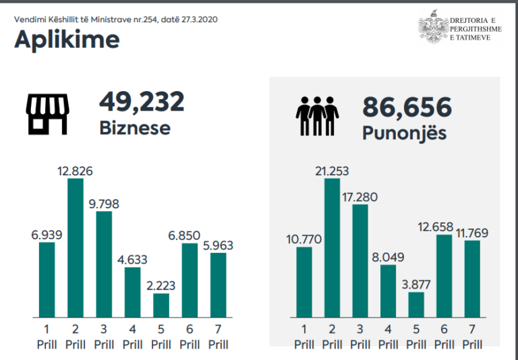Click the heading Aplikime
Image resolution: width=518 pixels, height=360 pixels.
point(67,40)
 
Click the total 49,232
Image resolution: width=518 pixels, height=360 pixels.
point(142,102)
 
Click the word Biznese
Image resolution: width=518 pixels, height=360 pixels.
point(135,127)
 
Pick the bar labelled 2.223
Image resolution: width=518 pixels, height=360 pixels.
point(161,305)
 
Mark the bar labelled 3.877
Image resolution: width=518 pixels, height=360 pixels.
point(417,305)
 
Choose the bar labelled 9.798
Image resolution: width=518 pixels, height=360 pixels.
point(105,264)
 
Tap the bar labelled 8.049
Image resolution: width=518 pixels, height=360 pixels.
point(388,291)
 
